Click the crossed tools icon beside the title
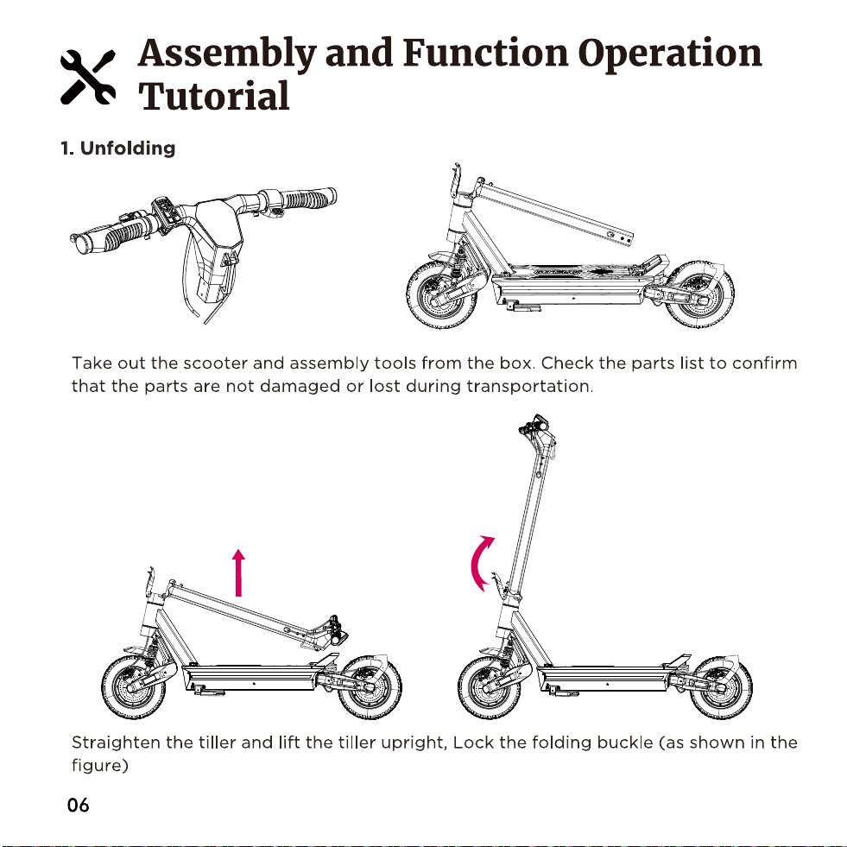[x=88, y=77]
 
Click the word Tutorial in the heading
[x=214, y=96]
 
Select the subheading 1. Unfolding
[x=117, y=148]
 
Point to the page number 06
[x=78, y=805]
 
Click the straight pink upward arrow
[x=239, y=572]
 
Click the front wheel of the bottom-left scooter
[x=135, y=686]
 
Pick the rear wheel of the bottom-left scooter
[x=370, y=687]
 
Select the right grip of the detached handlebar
[x=308, y=199]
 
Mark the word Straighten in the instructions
[x=117, y=743]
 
